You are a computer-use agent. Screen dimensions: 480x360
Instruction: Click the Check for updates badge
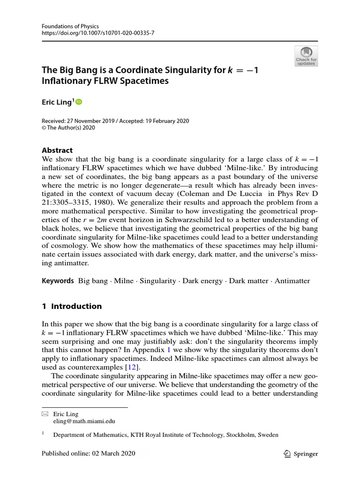(x=306, y=56)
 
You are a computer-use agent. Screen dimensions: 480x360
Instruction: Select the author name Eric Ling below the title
(x=56, y=102)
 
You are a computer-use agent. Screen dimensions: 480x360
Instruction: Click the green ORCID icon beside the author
(x=78, y=102)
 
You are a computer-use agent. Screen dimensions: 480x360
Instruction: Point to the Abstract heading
(x=57, y=150)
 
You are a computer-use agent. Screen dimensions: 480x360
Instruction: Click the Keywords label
(x=58, y=281)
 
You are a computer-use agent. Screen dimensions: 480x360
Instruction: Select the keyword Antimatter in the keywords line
(x=292, y=281)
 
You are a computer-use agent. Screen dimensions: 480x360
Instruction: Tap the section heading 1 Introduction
(x=72, y=306)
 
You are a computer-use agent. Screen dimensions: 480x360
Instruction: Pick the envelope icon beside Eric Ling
(x=45, y=414)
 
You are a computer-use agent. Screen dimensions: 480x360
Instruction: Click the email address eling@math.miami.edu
(x=84, y=421)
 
